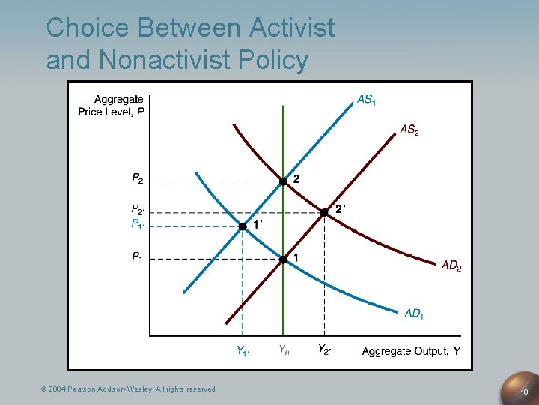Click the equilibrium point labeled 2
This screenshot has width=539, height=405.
pyautogui.click(x=283, y=181)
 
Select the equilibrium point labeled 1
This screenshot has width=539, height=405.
pyautogui.click(x=283, y=259)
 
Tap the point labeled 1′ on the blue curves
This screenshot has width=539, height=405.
pyautogui.click(x=243, y=226)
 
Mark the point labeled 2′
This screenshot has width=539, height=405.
pyautogui.click(x=324, y=212)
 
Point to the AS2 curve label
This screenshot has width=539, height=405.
pyautogui.click(x=409, y=130)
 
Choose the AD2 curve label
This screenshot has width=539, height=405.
pyautogui.click(x=451, y=265)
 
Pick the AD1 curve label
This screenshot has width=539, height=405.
pyautogui.click(x=414, y=313)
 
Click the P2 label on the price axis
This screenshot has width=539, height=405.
pyautogui.click(x=137, y=178)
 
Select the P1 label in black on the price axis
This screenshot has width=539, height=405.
pyautogui.click(x=137, y=257)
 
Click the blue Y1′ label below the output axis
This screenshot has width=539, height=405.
pyautogui.click(x=243, y=350)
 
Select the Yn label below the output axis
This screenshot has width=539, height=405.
pyautogui.click(x=284, y=349)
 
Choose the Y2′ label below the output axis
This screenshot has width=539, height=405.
pyautogui.click(x=324, y=349)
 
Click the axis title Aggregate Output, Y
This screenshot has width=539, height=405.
pyautogui.click(x=411, y=351)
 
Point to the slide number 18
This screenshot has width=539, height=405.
pyautogui.click(x=524, y=391)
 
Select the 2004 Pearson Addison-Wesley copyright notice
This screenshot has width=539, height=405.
pyautogui.click(x=128, y=388)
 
